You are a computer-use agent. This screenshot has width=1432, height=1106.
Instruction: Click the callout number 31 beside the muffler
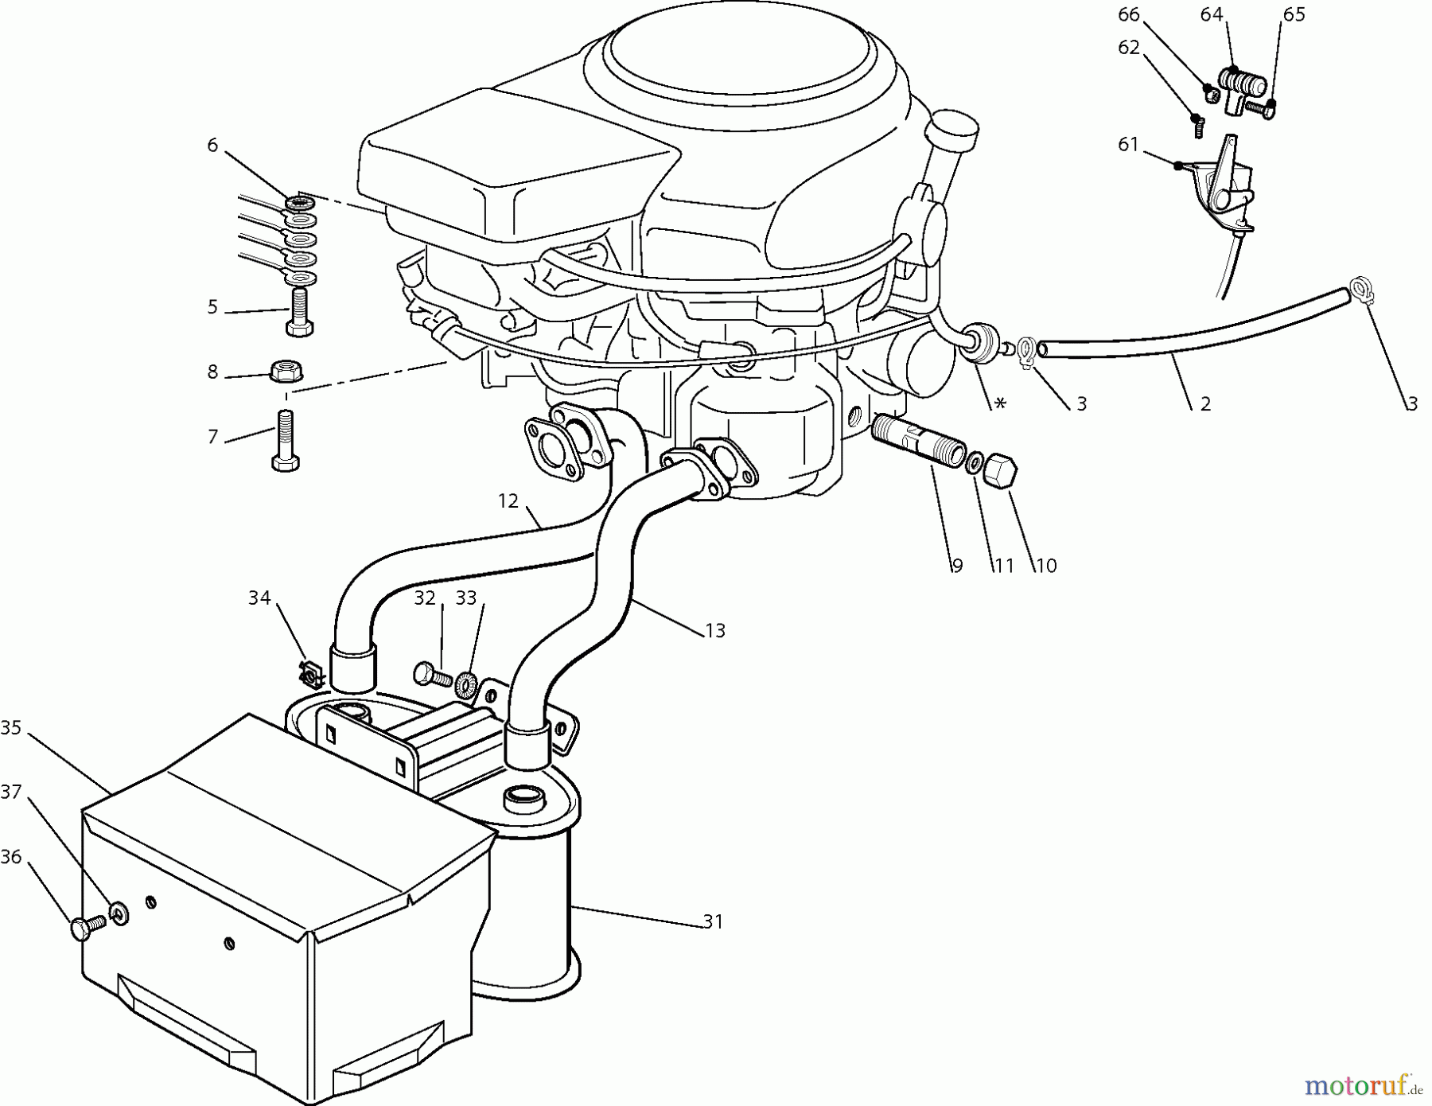tap(713, 921)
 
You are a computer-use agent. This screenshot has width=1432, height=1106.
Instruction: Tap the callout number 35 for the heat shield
tap(10, 727)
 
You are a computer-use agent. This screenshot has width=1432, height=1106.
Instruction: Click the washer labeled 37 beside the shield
tap(119, 911)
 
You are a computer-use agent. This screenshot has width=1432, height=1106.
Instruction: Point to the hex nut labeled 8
tap(286, 371)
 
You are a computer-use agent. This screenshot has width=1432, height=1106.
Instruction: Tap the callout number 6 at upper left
tap(212, 145)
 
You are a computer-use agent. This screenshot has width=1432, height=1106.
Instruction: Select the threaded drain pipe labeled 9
tap(915, 442)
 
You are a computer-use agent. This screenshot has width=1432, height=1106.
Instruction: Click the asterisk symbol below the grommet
tap(1000, 404)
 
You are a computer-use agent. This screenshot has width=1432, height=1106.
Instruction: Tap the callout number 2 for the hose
tap(1205, 403)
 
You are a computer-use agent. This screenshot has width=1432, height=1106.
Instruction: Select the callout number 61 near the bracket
tap(1128, 144)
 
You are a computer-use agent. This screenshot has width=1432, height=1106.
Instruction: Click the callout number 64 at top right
tap(1212, 14)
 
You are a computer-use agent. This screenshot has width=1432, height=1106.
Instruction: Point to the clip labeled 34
tap(310, 675)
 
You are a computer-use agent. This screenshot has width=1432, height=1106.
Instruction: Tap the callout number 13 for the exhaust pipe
tap(714, 630)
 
